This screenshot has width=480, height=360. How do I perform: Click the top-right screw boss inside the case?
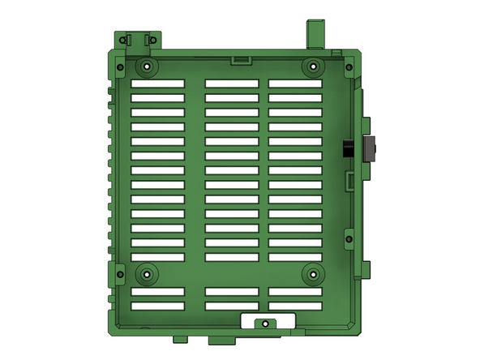pyautogui.click(x=312, y=66)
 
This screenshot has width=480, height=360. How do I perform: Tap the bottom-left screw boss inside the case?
pyautogui.click(x=146, y=274)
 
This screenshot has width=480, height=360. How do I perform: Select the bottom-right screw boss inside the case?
pyautogui.click(x=312, y=274)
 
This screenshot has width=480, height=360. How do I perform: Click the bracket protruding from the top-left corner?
pyautogui.click(x=139, y=39)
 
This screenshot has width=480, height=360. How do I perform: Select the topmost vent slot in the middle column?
pyautogui.click(x=231, y=84)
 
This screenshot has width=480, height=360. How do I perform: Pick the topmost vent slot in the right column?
pyautogui.click(x=296, y=84)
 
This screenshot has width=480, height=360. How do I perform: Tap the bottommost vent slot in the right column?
pyautogui.click(x=296, y=306)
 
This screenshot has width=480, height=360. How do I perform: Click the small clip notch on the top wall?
pyautogui.click(x=240, y=59)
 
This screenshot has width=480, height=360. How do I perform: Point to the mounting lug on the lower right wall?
pyautogui.click(x=349, y=237)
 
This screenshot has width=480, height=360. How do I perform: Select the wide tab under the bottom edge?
pyautogui.click(x=219, y=336)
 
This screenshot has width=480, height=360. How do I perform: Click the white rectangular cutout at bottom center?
pyautogui.click(x=264, y=320)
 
